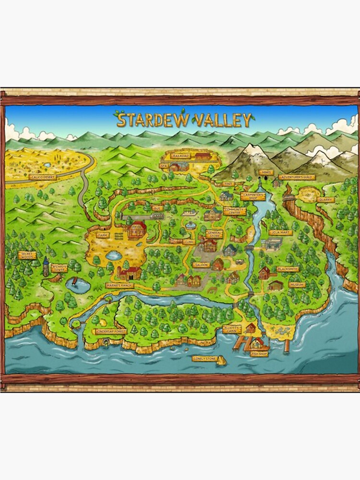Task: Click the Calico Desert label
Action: tap(43, 177)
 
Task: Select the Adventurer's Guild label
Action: tap(297, 177)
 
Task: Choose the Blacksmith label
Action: tap(288, 269)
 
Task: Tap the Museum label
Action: tap(297, 285)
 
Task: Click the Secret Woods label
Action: tap(27, 255)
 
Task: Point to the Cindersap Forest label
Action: tap(110, 331)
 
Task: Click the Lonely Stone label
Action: tap(204, 358)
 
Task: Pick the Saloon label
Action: tap(201, 264)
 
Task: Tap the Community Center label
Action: tap(234, 211)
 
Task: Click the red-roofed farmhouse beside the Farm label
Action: tap(137, 229)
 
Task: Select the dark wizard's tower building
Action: tap(46, 267)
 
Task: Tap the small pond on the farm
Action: tap(114, 255)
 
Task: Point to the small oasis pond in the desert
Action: tap(46, 165)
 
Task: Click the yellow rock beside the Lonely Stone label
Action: tap(221, 360)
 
